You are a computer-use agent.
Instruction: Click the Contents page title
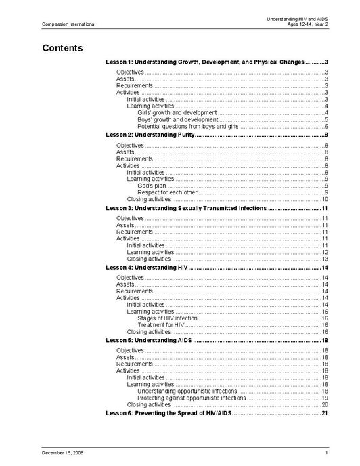coord(62,48)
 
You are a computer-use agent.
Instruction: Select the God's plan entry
coord(152,186)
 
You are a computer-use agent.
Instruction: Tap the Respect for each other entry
coord(168,192)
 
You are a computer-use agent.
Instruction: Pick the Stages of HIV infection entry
coord(167,318)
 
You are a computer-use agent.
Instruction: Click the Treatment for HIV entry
coord(161,325)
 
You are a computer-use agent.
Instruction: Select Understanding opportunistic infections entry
coord(187,391)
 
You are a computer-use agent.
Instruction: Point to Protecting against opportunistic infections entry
coord(192,398)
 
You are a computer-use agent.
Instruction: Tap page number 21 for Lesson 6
coord(324,413)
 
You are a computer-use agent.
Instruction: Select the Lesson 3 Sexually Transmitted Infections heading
coord(186,208)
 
